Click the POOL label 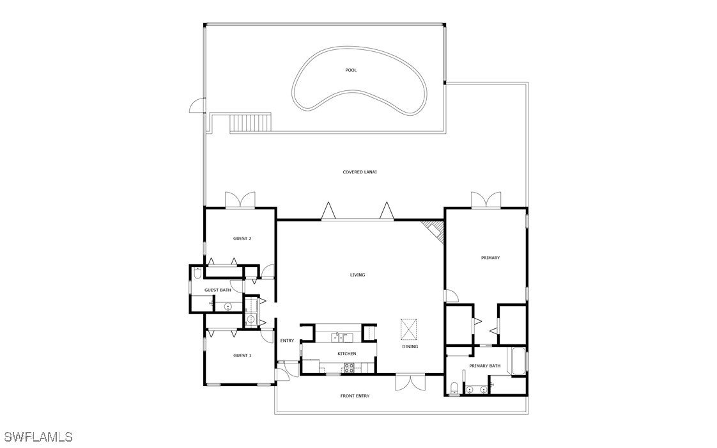[x=351, y=70]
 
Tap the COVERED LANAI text [x=359, y=172]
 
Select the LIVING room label [x=358, y=275]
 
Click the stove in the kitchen [x=348, y=367]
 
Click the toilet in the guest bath [x=197, y=273]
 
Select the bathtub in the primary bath [x=518, y=362]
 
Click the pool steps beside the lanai [x=250, y=124]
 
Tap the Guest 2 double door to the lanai [x=240, y=200]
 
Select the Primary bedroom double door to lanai [x=486, y=200]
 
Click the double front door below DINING [x=410, y=383]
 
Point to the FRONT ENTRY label [x=355, y=396]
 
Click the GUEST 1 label [x=242, y=355]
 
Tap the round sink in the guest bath [x=227, y=307]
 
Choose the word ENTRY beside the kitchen [x=287, y=341]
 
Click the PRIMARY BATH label [x=484, y=366]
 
